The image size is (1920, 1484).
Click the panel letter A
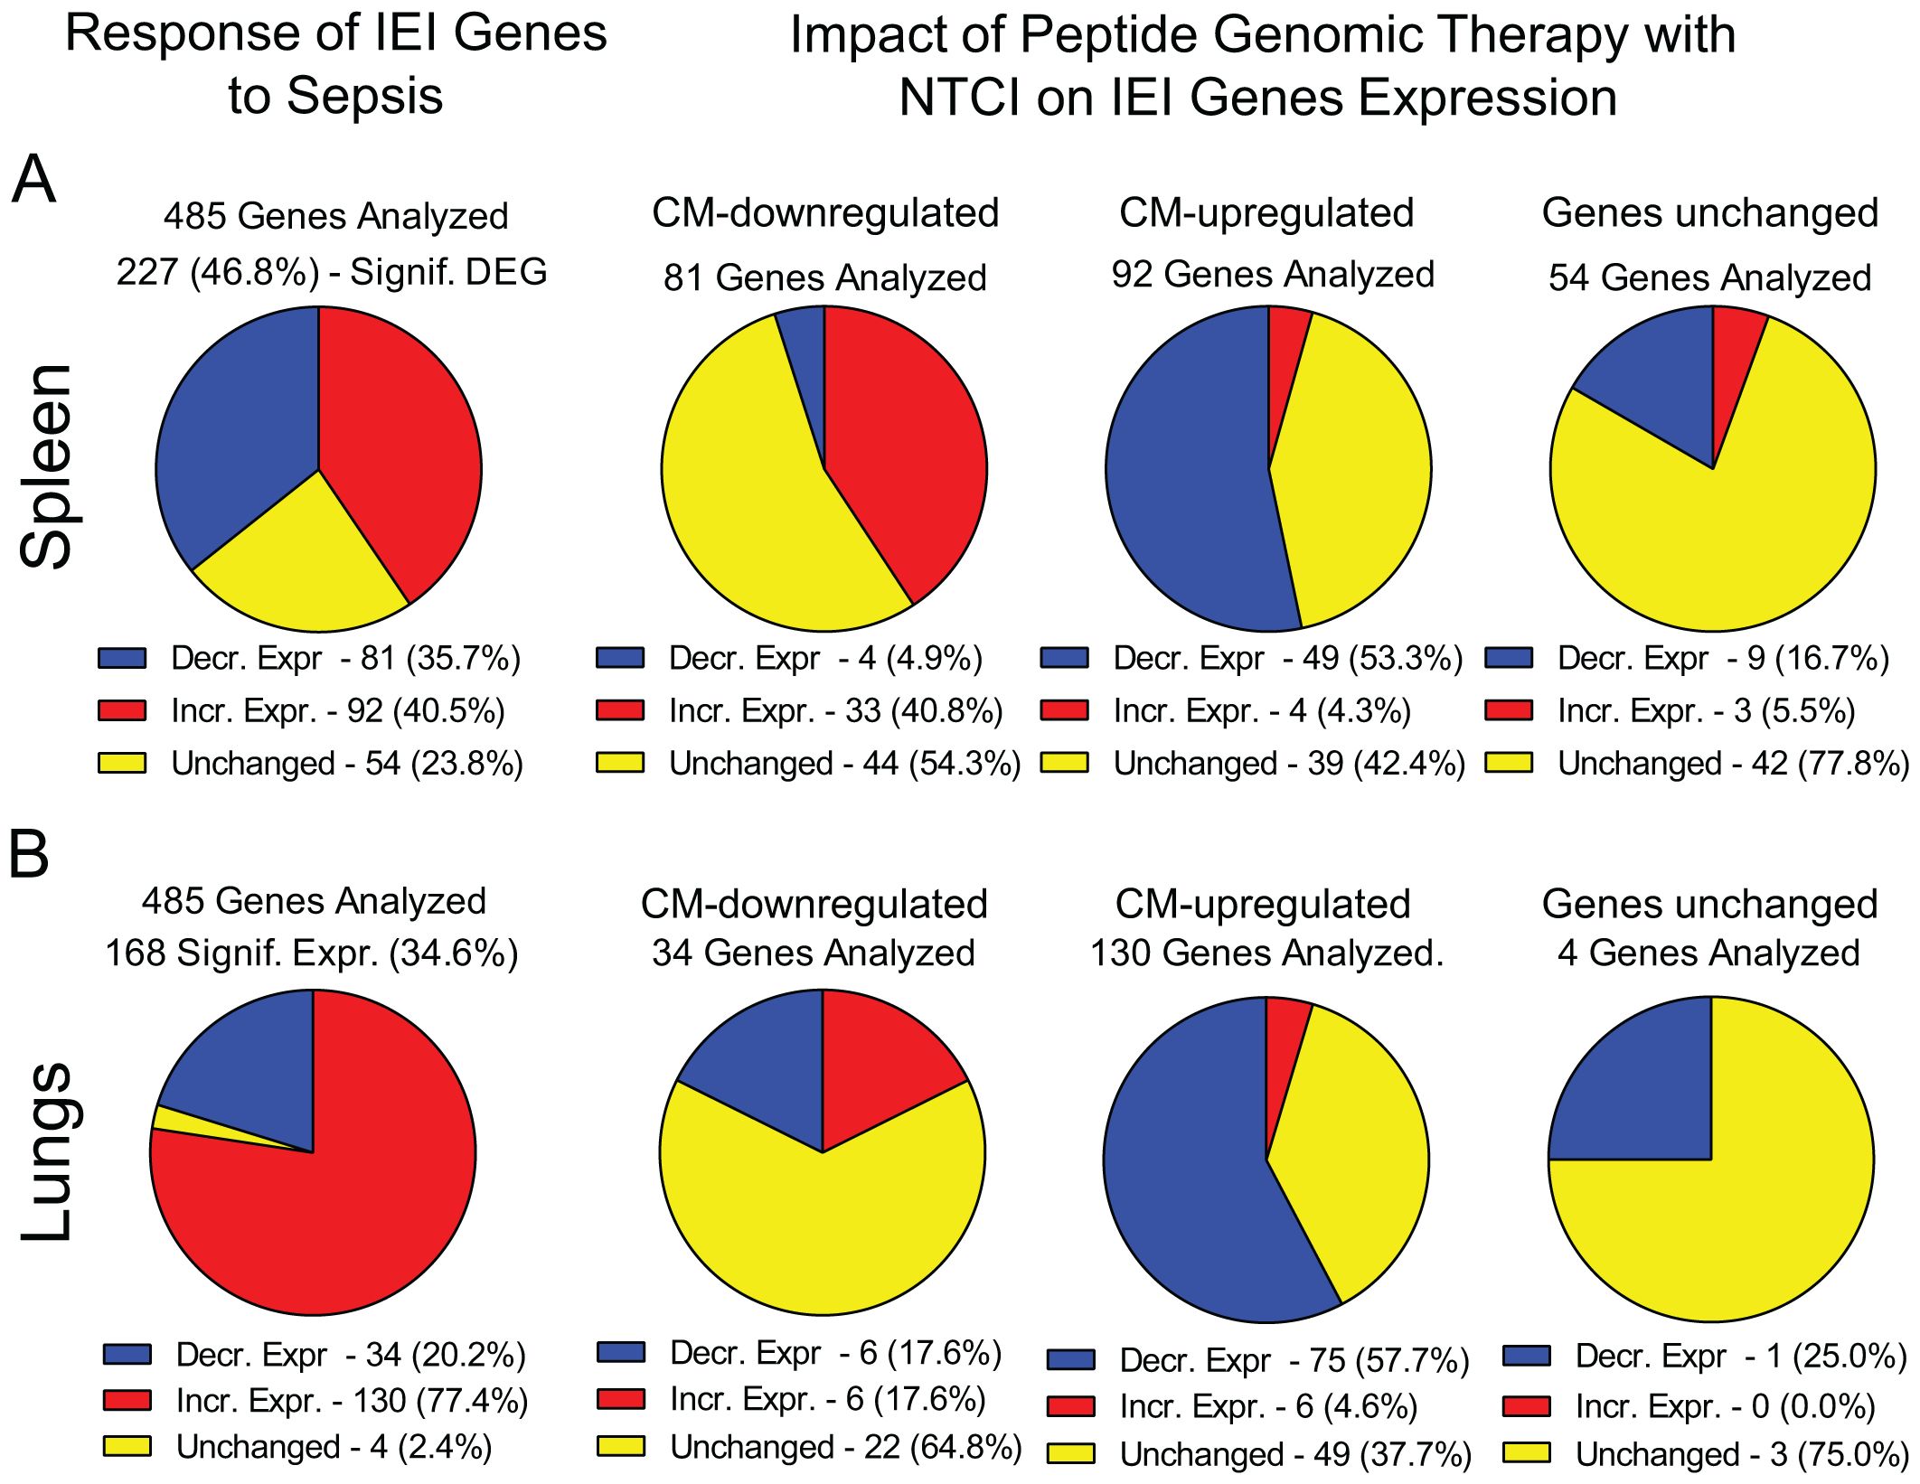[x=33, y=180]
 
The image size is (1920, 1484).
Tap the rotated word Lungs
[x=47, y=1152]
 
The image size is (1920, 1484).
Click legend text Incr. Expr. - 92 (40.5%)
[x=337, y=711]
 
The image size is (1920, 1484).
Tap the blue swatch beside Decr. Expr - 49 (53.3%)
[x=1064, y=658]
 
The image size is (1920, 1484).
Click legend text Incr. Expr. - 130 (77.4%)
[x=352, y=1401]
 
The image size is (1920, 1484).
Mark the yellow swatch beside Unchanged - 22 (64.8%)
[x=621, y=1447]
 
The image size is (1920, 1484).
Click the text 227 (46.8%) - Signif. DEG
[x=332, y=272]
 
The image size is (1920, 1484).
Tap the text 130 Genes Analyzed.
[x=1266, y=953]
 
